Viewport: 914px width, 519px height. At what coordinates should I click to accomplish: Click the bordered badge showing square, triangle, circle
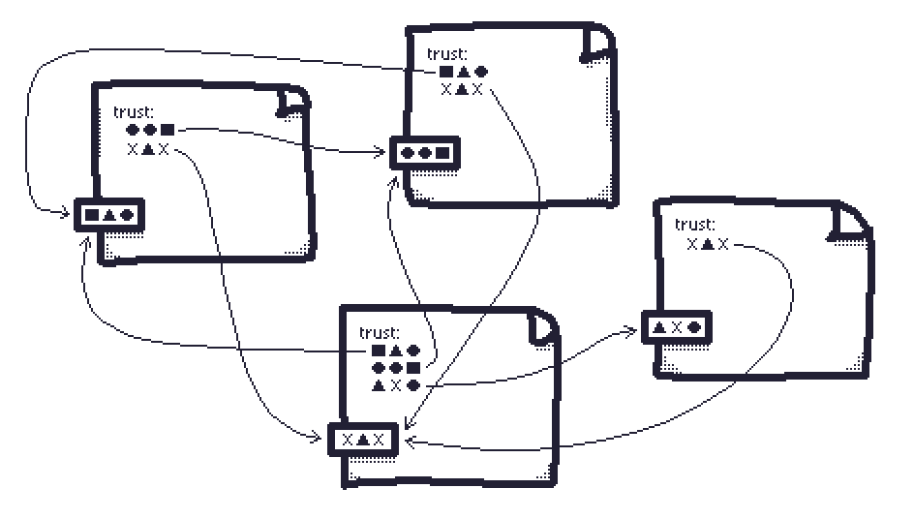[x=109, y=215]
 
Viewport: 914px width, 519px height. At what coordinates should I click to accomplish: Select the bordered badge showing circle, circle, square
[x=425, y=153]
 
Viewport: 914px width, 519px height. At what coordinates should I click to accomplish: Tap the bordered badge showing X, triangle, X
[x=363, y=440]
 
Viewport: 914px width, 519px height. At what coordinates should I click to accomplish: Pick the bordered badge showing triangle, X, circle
[x=676, y=327]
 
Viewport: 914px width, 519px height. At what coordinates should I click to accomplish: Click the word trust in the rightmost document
[x=694, y=225]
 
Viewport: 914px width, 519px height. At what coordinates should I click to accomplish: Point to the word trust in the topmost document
[x=446, y=54]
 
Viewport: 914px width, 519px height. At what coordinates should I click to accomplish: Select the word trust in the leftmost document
[x=134, y=112]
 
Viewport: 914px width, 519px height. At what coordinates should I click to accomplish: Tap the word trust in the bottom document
[x=379, y=333]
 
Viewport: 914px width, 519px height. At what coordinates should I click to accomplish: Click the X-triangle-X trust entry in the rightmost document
[x=708, y=244]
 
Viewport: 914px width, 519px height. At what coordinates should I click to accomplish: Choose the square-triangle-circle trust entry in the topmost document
[x=464, y=72]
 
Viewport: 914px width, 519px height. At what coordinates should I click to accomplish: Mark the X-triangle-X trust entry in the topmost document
[x=462, y=89]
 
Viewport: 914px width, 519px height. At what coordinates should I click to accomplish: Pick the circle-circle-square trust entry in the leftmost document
[x=150, y=130]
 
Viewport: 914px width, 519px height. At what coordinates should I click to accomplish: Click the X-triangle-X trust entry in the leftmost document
[x=148, y=149]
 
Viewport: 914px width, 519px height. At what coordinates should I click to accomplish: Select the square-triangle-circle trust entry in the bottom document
[x=396, y=351]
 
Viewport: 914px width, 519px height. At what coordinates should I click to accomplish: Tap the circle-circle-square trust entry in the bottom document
[x=396, y=367]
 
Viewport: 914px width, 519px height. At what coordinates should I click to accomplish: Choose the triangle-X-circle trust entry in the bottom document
[x=396, y=384]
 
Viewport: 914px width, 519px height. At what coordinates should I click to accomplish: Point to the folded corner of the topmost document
[x=597, y=44]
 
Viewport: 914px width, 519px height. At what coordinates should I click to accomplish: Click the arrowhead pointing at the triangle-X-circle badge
[x=631, y=332]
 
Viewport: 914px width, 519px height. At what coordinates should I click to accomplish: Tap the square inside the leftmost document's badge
[x=92, y=215]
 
